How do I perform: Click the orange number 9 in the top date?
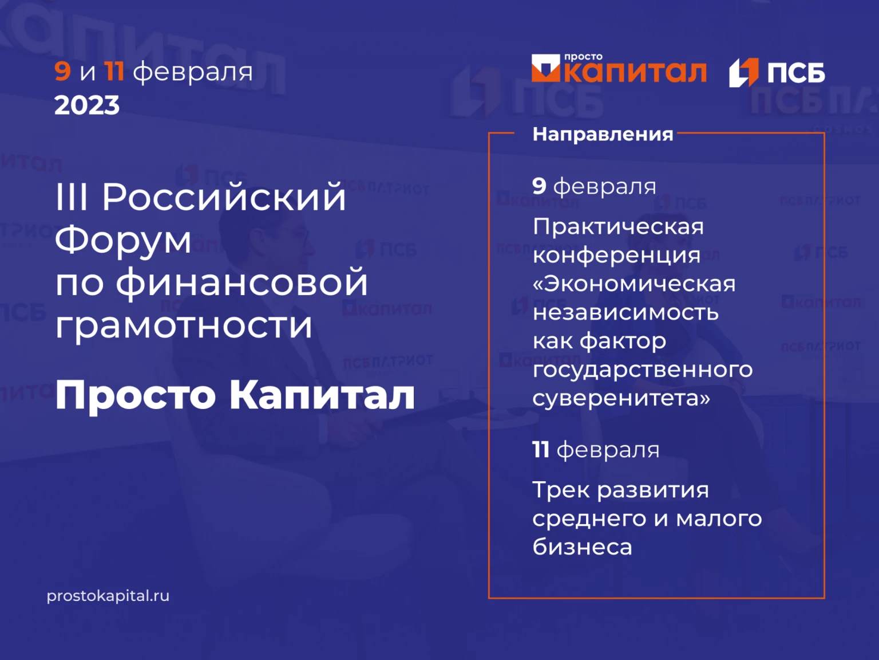click(63, 72)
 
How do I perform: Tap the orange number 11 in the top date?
click(114, 72)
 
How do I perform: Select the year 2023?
click(87, 105)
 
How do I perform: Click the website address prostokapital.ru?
click(108, 596)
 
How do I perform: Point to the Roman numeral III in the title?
click(72, 197)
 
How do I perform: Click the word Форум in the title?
click(122, 240)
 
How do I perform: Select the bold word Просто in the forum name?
click(136, 396)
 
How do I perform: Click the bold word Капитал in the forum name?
click(322, 395)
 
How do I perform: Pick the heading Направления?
click(603, 134)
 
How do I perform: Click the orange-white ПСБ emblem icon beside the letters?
click(743, 73)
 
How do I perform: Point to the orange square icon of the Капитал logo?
click(545, 68)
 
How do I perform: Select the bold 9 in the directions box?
click(539, 186)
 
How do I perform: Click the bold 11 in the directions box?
click(541, 450)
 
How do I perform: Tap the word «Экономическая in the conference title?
click(634, 284)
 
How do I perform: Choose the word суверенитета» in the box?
click(621, 398)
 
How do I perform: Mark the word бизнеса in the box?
click(582, 546)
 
